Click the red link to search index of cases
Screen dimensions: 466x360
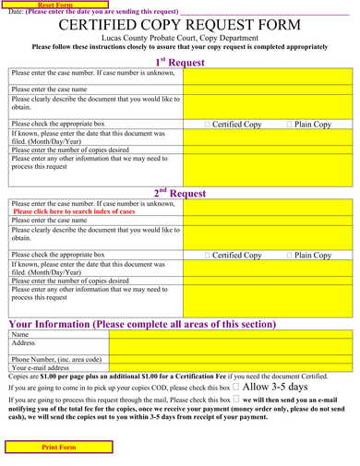point(74,211)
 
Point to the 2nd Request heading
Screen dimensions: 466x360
point(179,193)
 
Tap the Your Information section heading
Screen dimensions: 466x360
point(142,324)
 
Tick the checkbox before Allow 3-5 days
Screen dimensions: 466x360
point(236,388)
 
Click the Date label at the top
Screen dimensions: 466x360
point(15,12)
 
